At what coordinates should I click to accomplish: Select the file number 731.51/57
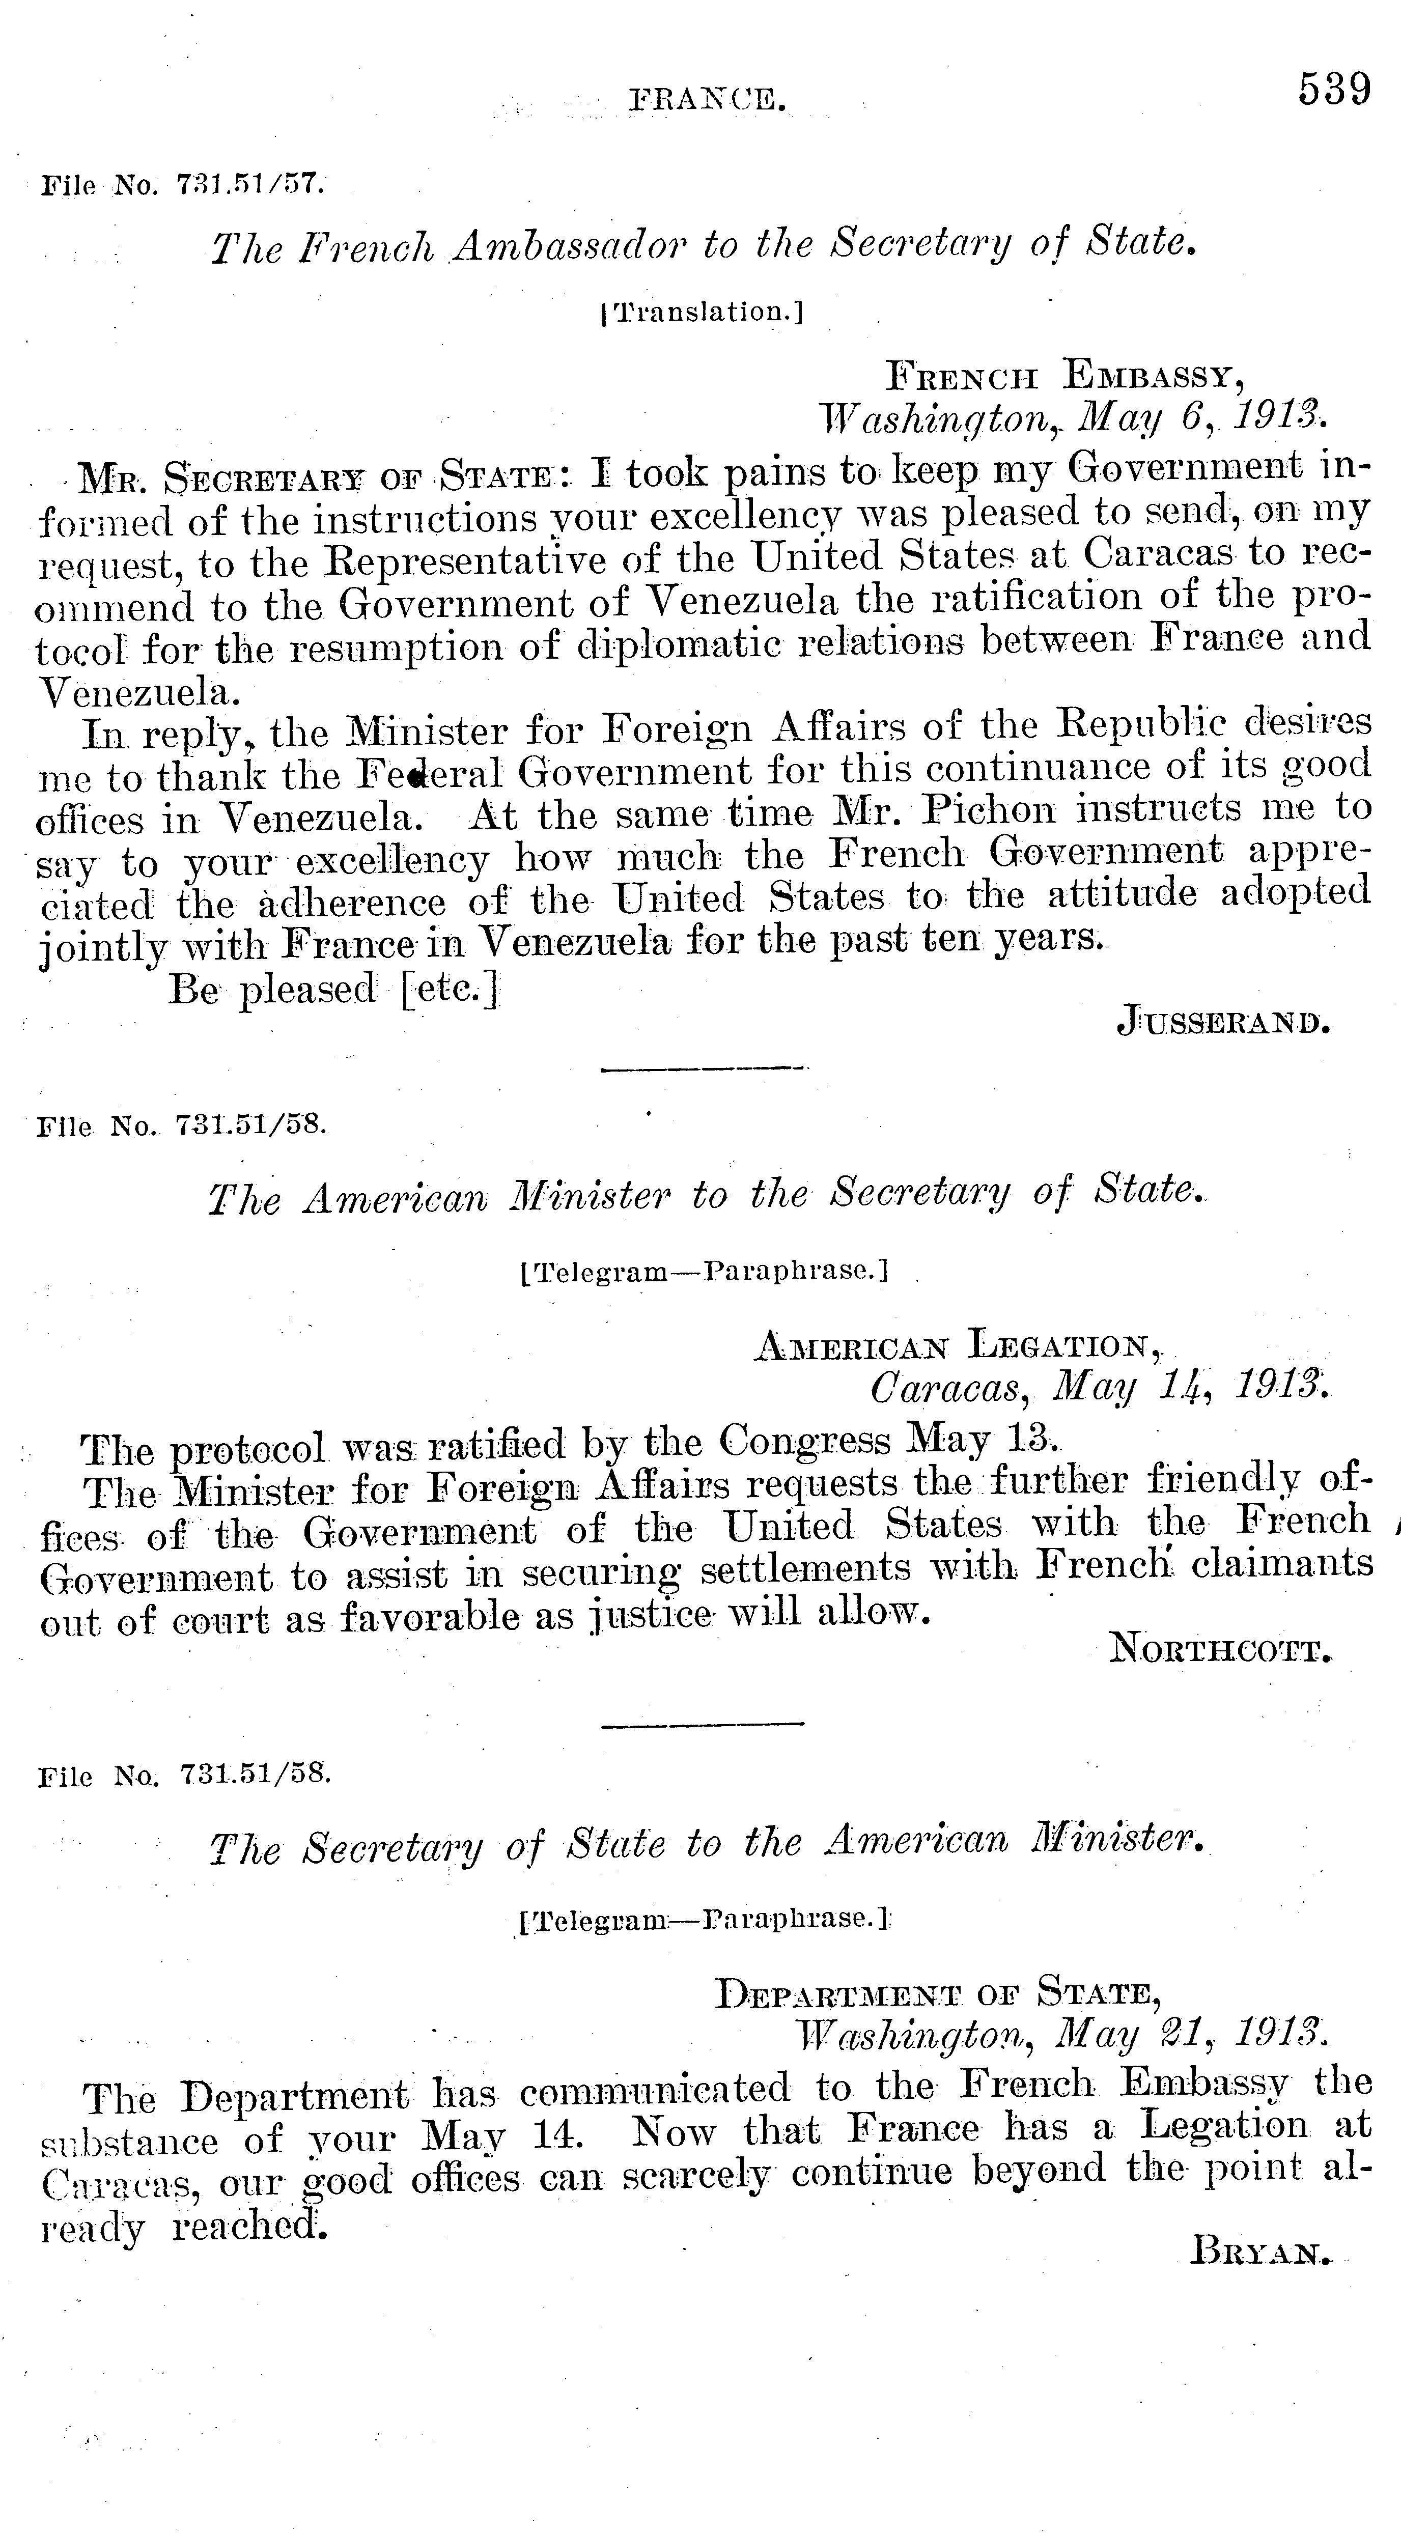[250, 184]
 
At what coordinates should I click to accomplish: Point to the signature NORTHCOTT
[1221, 1648]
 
